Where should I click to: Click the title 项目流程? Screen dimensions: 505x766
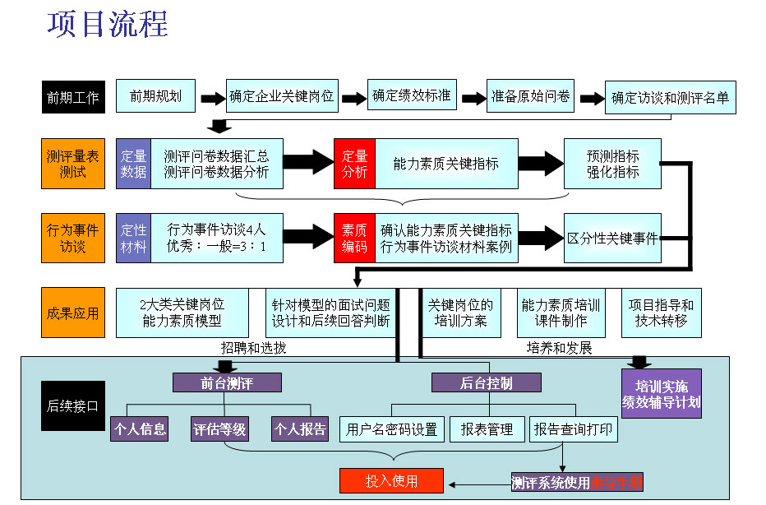[x=108, y=25]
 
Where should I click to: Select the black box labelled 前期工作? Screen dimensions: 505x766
[x=72, y=97]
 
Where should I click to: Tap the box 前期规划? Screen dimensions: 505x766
[x=155, y=96]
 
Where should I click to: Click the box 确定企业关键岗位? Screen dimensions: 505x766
[x=281, y=96]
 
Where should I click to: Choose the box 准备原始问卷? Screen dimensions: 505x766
[x=530, y=96]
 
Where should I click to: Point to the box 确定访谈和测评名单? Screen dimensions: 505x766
[x=669, y=98]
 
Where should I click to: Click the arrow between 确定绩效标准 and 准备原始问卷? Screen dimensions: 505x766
[x=473, y=98]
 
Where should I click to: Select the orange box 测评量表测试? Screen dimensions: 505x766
[x=72, y=163]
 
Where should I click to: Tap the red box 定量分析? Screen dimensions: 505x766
[x=354, y=163]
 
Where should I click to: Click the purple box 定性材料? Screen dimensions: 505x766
[x=133, y=238]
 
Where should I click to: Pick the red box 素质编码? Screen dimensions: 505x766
[x=354, y=238]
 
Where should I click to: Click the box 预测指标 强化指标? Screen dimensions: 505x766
[x=612, y=163]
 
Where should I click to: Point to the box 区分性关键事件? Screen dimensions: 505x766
[x=612, y=239]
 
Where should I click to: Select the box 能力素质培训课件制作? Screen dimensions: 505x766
[x=561, y=313]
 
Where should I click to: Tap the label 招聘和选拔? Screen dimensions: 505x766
[x=254, y=348]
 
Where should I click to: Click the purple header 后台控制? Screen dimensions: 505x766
[x=487, y=382]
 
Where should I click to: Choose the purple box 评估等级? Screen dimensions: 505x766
[x=219, y=429]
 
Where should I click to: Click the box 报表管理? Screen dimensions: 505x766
[x=487, y=429]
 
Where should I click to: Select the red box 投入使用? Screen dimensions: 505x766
[x=391, y=480]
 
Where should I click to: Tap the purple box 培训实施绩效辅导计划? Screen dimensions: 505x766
[x=661, y=393]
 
